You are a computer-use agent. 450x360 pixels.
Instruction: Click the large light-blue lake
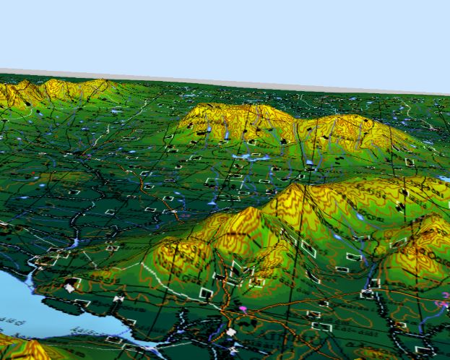tap(43, 304)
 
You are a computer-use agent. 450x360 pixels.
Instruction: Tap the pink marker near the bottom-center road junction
tap(243, 309)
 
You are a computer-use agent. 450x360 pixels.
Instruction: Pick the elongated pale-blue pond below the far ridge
tap(249, 156)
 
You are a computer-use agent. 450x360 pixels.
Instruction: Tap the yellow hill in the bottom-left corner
tap(18, 349)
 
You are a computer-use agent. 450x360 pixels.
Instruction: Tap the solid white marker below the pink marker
tap(231, 332)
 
